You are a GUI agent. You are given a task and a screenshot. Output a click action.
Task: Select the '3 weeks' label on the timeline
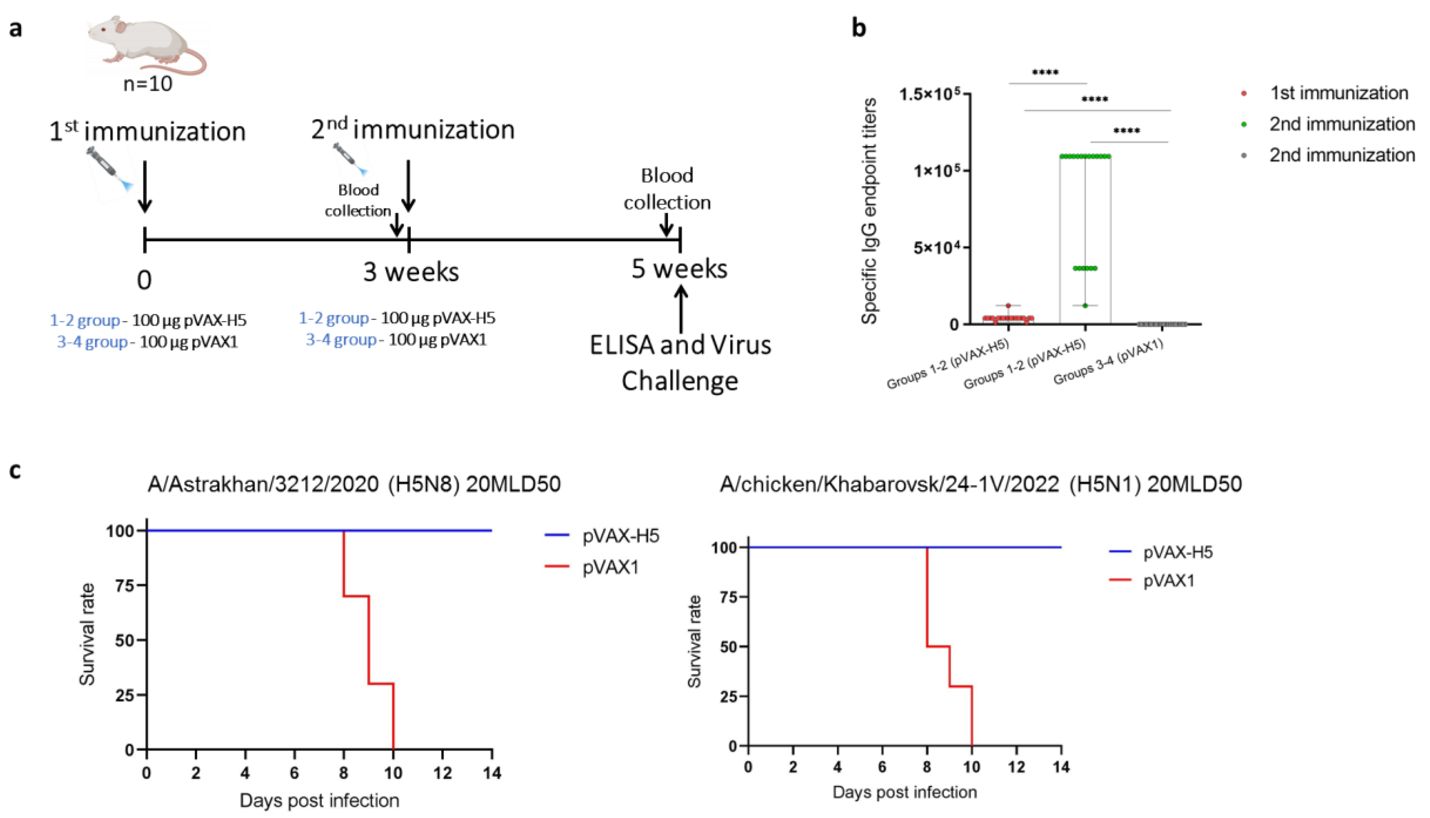coord(411,272)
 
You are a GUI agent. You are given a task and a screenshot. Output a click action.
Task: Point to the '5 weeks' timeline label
coord(679,269)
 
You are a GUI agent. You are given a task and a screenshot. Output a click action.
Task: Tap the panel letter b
coord(858,27)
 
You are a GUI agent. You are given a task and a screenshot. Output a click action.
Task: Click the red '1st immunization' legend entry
coord(1338,93)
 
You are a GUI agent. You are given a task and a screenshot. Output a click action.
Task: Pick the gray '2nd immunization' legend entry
coord(1341,155)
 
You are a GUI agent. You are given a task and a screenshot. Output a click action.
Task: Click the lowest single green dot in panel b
coord(1085,306)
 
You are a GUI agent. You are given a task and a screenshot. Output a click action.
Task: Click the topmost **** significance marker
coord(1045,72)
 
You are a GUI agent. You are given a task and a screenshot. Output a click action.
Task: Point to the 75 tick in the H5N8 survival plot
coord(125,585)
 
